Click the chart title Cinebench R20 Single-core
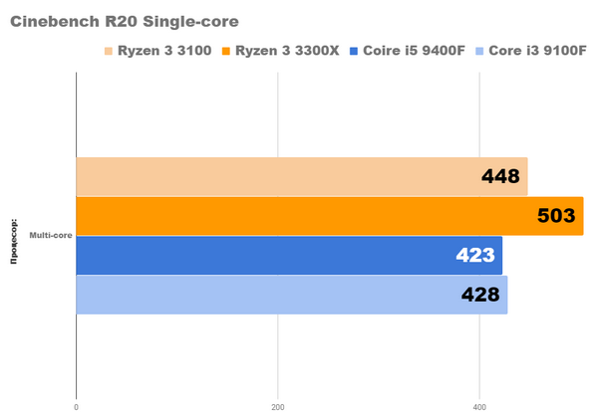point(125,19)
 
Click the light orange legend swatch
point(108,50)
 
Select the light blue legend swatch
point(479,50)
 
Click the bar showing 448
point(299,176)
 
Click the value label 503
point(556,216)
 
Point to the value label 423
point(474,255)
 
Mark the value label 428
point(479,295)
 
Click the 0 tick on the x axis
point(77,406)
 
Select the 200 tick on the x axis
point(278,406)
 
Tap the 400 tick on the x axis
point(480,406)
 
